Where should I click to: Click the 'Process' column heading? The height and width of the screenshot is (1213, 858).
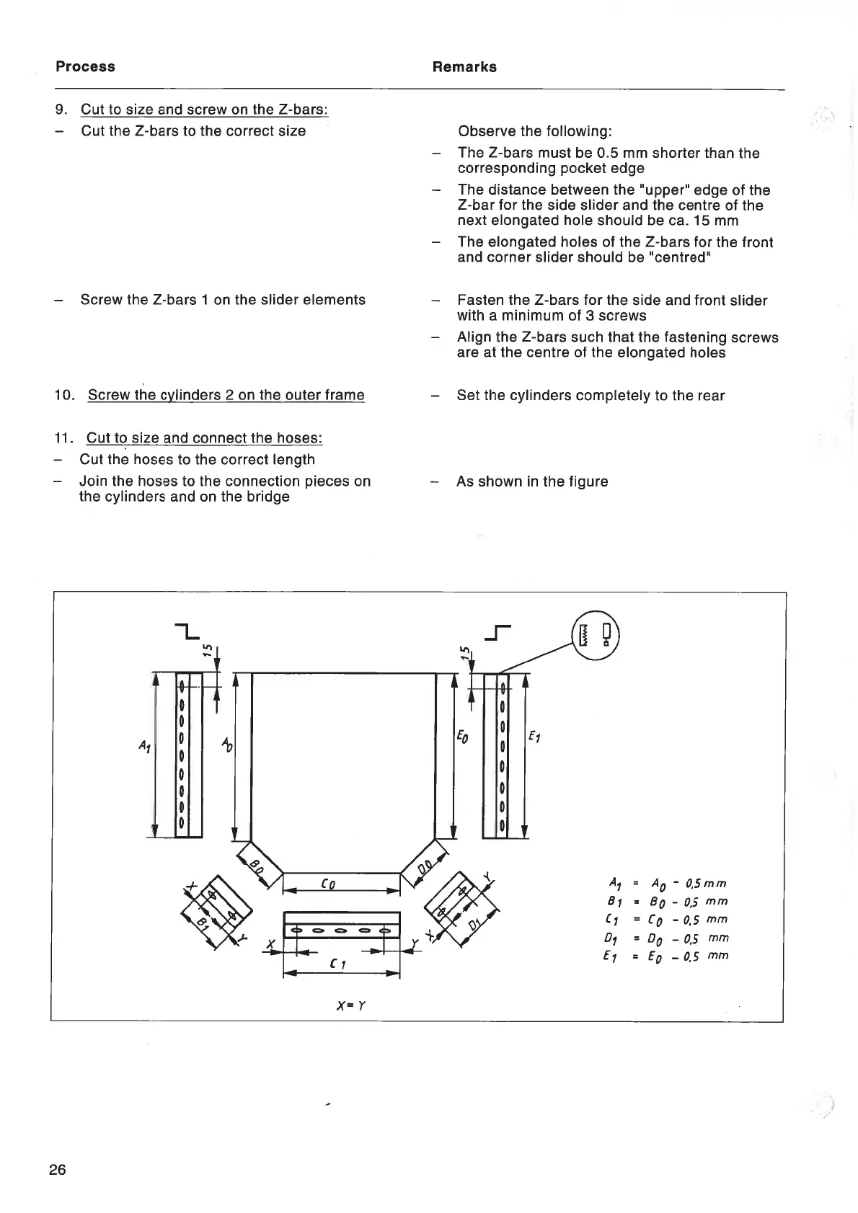85,67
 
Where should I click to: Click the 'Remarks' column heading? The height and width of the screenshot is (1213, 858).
464,67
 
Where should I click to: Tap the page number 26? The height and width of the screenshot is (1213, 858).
57,1169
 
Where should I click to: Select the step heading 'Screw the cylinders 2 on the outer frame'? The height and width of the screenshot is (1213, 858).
226,395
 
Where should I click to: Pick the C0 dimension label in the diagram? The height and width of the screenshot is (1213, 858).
328,883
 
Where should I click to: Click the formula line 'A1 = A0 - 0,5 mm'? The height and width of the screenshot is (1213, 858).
668,883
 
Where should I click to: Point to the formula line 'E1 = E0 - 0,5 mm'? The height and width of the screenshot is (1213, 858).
668,956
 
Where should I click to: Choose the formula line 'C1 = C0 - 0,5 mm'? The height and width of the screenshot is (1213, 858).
668,920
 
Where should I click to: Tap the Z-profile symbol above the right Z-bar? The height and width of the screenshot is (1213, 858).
497,633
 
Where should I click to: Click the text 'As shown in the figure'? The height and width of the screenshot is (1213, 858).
531,481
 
